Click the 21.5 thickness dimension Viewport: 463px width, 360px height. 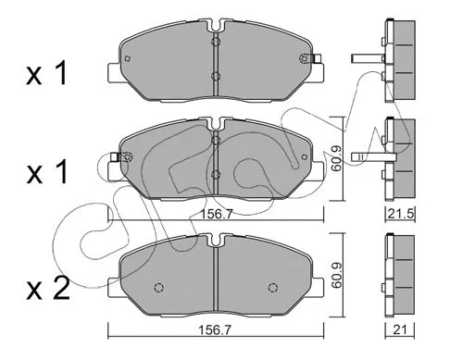click(400, 215)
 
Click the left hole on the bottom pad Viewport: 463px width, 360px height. click(158, 284)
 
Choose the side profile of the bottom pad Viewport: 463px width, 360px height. click(399, 274)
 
